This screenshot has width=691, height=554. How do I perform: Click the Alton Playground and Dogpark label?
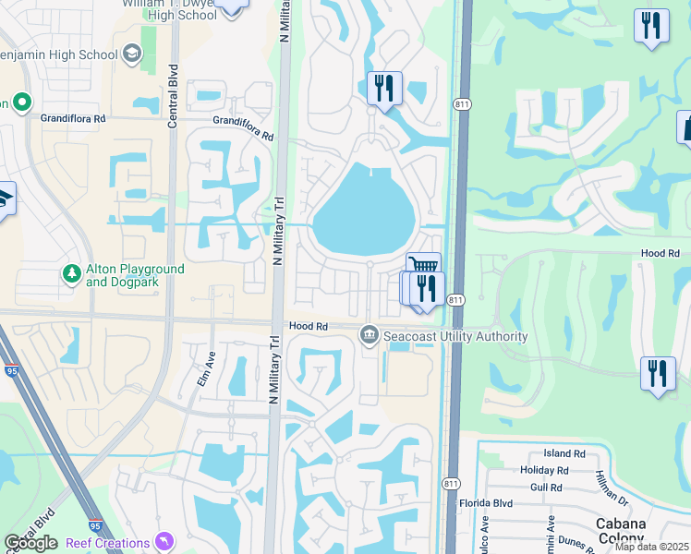(135, 275)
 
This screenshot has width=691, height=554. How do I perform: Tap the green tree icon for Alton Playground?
(71, 274)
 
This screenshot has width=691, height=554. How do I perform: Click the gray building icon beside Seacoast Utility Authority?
(370, 333)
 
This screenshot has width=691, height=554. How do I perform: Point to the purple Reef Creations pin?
(164, 541)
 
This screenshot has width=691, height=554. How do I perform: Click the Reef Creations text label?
(108, 544)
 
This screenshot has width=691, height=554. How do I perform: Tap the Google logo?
(31, 544)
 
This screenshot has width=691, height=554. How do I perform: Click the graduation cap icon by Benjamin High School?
(132, 54)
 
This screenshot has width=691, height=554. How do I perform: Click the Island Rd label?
(564, 454)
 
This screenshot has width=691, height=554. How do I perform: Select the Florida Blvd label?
(486, 504)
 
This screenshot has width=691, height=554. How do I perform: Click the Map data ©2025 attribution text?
(651, 547)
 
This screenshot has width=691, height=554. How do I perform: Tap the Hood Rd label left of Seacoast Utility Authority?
(309, 327)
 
